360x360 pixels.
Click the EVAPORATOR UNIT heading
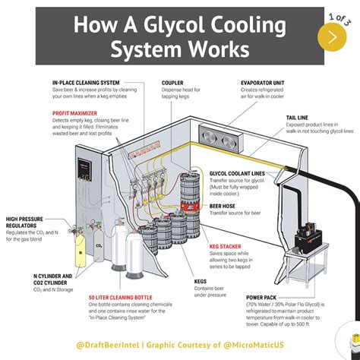coord(263,82)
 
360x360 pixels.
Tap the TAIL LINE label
coord(298,118)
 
